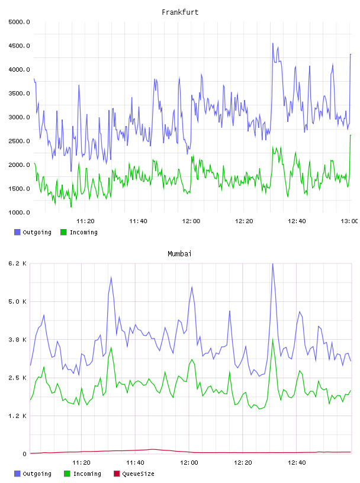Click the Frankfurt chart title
pos(180,12)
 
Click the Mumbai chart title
pos(179,254)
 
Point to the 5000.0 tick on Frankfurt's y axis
pos(19,22)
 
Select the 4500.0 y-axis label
pos(19,46)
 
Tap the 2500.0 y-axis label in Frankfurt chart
pos(19,141)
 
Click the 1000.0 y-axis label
pos(19,212)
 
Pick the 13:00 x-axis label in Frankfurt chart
pos(349,221)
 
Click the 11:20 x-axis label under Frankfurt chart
pos(85,221)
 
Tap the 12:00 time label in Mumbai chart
pos(189,463)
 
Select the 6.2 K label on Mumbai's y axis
pos(17,263)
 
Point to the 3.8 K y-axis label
pos(17,340)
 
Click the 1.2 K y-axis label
pos(17,416)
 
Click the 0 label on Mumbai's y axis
pos(24,454)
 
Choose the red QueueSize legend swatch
pos(117,474)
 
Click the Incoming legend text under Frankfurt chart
pos(83,232)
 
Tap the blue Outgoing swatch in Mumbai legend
pos(17,474)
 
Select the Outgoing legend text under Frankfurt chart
pos(37,232)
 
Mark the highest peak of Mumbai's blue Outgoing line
pos(272,264)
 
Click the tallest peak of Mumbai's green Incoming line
pos(272,340)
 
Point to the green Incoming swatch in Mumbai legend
pos(67,474)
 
